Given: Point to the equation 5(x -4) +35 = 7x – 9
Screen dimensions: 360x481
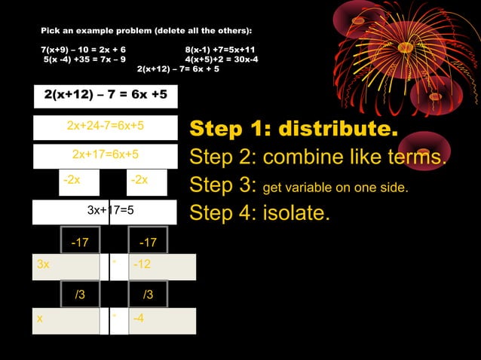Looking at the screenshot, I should point(84,58).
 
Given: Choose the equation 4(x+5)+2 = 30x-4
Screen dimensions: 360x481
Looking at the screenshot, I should point(222,58).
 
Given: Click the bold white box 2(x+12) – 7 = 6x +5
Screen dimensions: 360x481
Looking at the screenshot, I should point(105,96).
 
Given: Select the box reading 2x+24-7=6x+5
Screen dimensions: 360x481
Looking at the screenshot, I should point(105,126).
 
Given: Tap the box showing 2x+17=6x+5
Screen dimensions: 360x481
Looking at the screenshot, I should point(105,154).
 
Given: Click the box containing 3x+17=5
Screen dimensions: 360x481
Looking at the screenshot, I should point(105,210).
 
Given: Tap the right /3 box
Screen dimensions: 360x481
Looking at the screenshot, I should point(147,294).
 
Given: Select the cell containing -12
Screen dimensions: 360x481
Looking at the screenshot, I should point(163,266).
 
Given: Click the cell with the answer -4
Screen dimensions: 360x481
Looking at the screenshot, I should point(163,319).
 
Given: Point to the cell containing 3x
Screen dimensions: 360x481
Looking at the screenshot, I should point(66,266).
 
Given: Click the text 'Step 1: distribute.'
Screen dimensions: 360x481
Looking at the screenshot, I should point(293,128).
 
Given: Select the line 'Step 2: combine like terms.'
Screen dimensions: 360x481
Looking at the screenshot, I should point(317,157).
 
